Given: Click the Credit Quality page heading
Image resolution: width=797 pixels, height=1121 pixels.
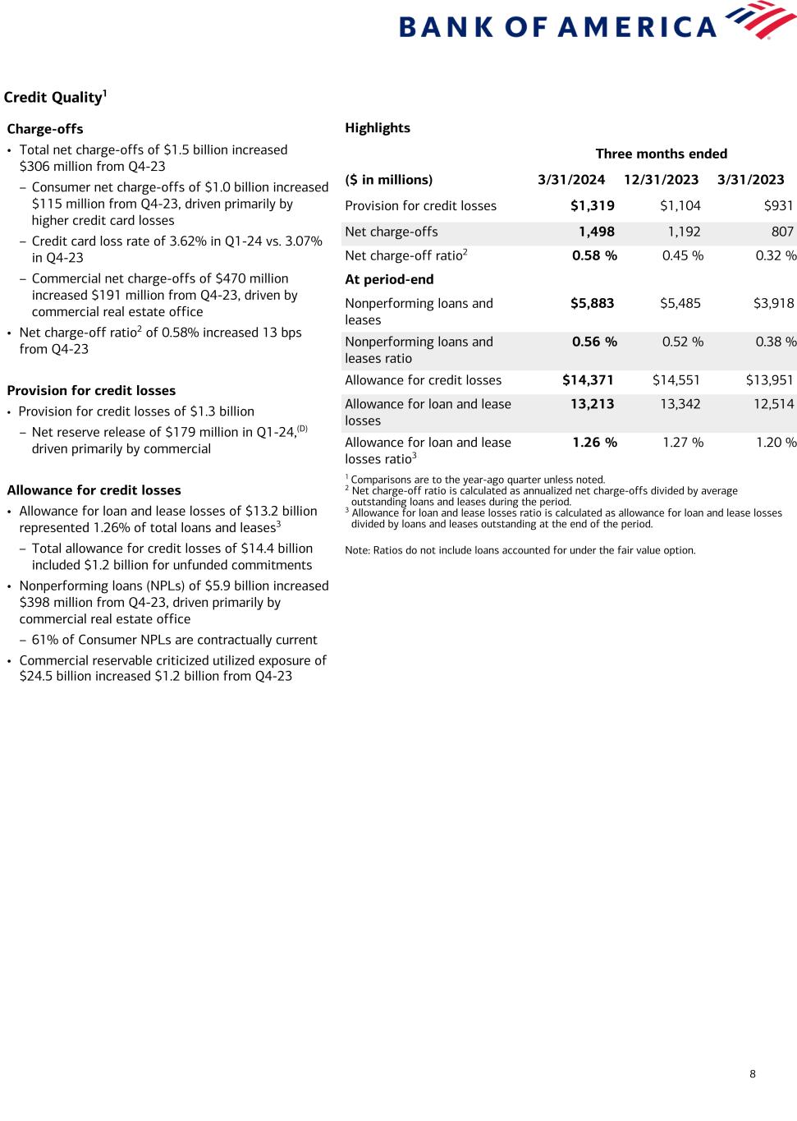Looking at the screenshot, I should pyautogui.click(x=55, y=98).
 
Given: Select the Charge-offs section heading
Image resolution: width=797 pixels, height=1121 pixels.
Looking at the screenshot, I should pyautogui.click(x=45, y=129).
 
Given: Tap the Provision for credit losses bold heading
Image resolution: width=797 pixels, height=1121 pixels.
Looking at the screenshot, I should pyautogui.click(x=91, y=391).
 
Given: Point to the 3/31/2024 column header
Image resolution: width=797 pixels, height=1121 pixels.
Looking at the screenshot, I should pyautogui.click(x=571, y=180).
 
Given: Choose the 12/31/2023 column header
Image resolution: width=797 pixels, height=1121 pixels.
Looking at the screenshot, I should pyautogui.click(x=661, y=180).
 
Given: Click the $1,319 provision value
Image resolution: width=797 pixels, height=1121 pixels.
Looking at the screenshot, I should pyautogui.click(x=592, y=206).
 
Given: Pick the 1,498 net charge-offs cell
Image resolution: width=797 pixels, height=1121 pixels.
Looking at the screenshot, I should pyautogui.click(x=596, y=232).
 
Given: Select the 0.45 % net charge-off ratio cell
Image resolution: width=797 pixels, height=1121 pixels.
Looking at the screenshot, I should pyautogui.click(x=682, y=255).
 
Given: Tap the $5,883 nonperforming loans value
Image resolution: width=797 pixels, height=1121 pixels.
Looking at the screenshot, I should pyautogui.click(x=592, y=303).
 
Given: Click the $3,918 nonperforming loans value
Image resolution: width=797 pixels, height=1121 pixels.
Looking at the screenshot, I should pyautogui.click(x=773, y=303).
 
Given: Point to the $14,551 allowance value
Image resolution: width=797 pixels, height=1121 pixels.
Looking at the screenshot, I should pyautogui.click(x=676, y=380).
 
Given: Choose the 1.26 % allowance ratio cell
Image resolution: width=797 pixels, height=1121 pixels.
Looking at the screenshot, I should pyautogui.click(x=594, y=443).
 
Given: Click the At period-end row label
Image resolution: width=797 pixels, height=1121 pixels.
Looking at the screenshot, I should pyautogui.click(x=389, y=279).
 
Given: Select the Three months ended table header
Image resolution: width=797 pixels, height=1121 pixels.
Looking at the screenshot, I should pyautogui.click(x=661, y=154).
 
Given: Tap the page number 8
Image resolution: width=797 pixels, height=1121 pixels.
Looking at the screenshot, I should pyautogui.click(x=753, y=1073).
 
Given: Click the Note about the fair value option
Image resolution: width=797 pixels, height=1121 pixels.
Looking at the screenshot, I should pyautogui.click(x=520, y=550).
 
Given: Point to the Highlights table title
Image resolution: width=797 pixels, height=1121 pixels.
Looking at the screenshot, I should pyautogui.click(x=378, y=128).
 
